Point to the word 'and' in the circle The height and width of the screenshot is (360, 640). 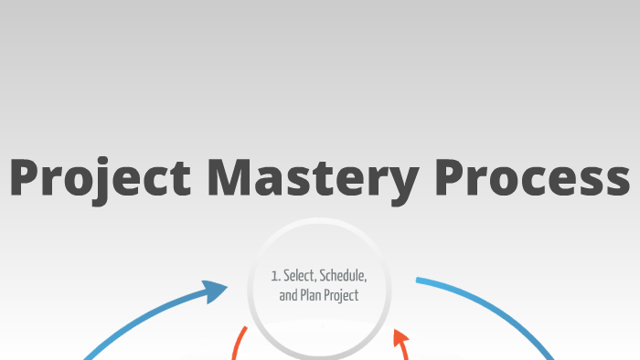click(288, 295)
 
